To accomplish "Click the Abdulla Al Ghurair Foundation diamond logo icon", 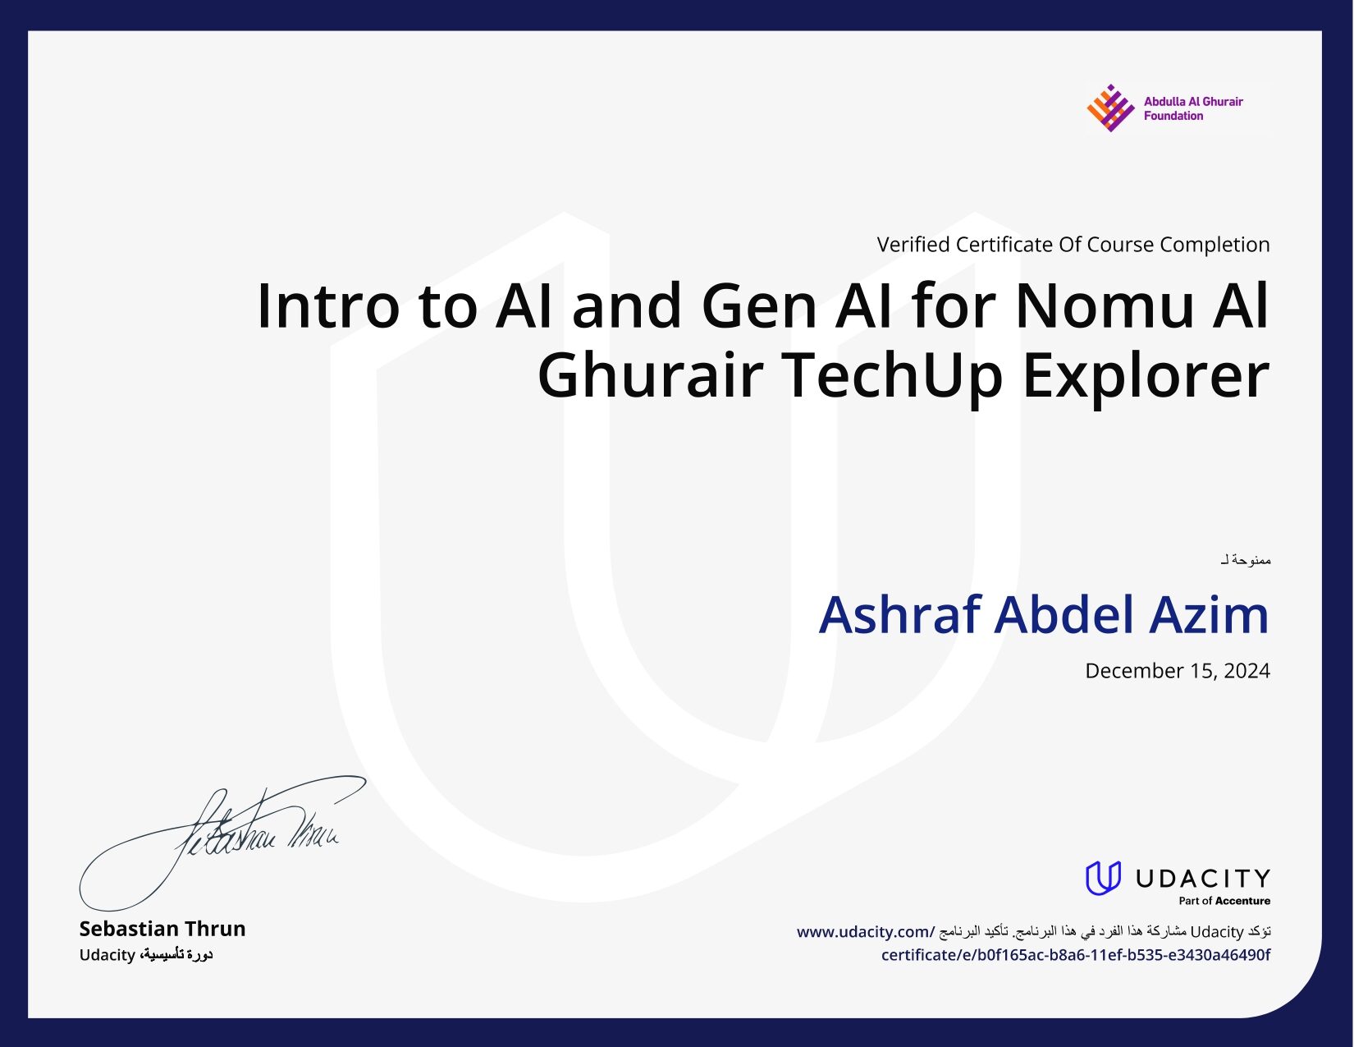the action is [x=1109, y=108].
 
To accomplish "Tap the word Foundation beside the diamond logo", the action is [x=1173, y=116].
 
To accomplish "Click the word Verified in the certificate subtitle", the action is [x=913, y=245].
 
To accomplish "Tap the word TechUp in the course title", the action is [x=891, y=375].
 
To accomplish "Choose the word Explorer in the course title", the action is [x=1146, y=375].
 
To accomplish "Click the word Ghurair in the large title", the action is [x=651, y=375].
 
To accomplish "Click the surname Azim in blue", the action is [x=1209, y=615].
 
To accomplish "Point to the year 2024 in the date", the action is [x=1247, y=670].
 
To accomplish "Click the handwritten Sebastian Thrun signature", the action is [x=222, y=842].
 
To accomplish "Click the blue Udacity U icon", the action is [x=1103, y=878].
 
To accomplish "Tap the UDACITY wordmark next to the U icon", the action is [x=1202, y=878].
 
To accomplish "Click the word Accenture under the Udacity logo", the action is [x=1242, y=901].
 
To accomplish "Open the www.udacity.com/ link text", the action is [x=866, y=932].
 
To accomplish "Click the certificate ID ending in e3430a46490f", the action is [x=1075, y=955].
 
